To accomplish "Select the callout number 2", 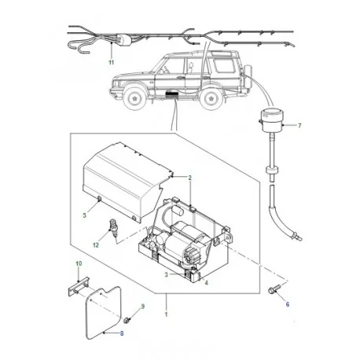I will [x=189, y=178].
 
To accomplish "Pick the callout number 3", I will [x=167, y=274].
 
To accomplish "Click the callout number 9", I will [x=143, y=305].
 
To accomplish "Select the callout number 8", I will [x=122, y=332].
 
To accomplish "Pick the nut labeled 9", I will [x=127, y=320].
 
